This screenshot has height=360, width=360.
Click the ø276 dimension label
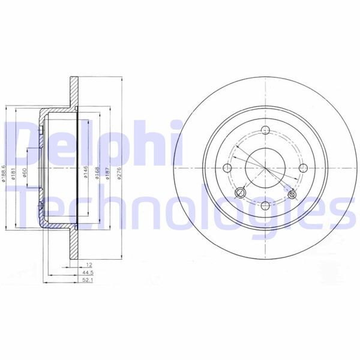tap(119, 173)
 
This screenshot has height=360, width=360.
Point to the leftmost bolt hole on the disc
tap(227, 169)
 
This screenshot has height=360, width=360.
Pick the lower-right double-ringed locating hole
tap(292, 195)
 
